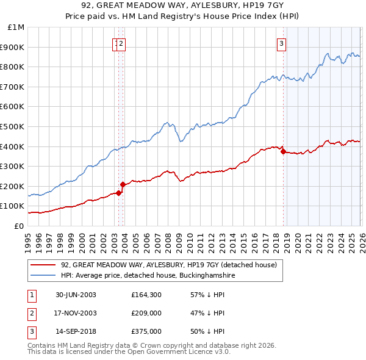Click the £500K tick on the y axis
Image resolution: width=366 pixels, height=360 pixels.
tap(14, 126)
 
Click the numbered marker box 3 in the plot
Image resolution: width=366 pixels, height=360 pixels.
tap(282, 43)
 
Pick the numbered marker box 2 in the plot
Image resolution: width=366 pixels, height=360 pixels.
tap(121, 43)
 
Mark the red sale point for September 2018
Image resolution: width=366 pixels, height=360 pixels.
tap(284, 151)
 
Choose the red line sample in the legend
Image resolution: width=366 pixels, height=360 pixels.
tap(43, 265)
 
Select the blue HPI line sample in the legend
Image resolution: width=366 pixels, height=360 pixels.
tap(43, 276)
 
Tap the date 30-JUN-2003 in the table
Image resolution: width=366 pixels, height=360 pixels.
tap(76, 295)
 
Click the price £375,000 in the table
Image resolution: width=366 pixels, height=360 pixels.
tap(146, 331)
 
